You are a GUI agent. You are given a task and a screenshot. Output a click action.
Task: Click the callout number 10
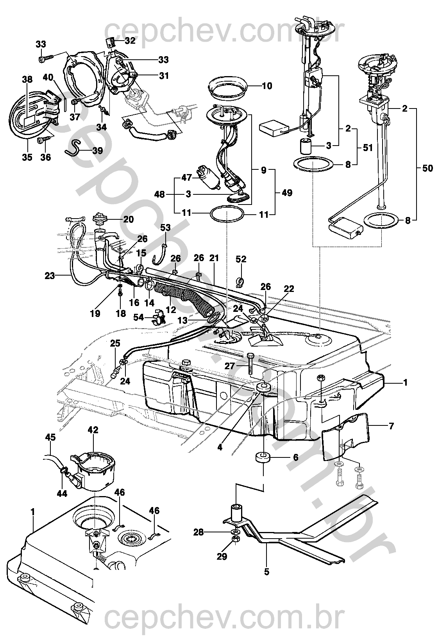click(267, 86)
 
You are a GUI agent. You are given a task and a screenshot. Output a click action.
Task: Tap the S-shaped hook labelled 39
click(73, 148)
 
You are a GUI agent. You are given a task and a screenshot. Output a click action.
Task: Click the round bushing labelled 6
click(263, 457)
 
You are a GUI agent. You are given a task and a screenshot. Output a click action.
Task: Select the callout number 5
click(267, 572)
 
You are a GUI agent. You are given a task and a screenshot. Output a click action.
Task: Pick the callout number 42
click(93, 430)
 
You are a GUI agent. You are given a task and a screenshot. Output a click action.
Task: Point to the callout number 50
click(428, 168)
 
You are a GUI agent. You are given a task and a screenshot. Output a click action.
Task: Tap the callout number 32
click(130, 40)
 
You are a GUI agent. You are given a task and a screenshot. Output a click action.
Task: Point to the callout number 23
click(50, 276)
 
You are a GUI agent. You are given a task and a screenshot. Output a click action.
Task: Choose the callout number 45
click(50, 437)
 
